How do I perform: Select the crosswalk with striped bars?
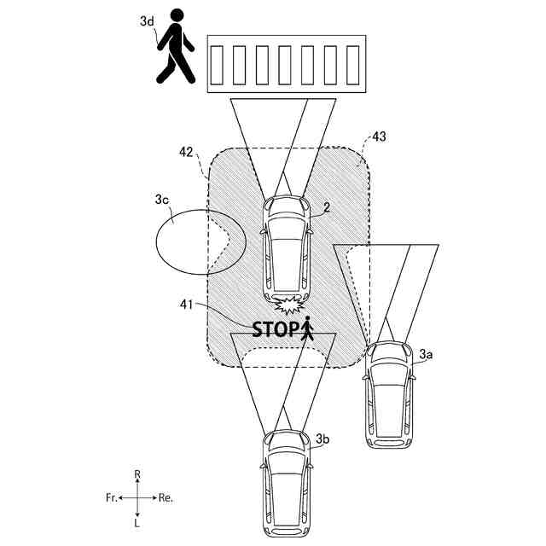(285, 64)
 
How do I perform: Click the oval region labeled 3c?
(192, 241)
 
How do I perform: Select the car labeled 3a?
(388, 395)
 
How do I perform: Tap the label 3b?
(322, 439)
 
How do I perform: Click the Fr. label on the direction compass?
(109, 497)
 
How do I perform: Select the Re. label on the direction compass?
(166, 497)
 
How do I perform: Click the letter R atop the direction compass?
(137, 473)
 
